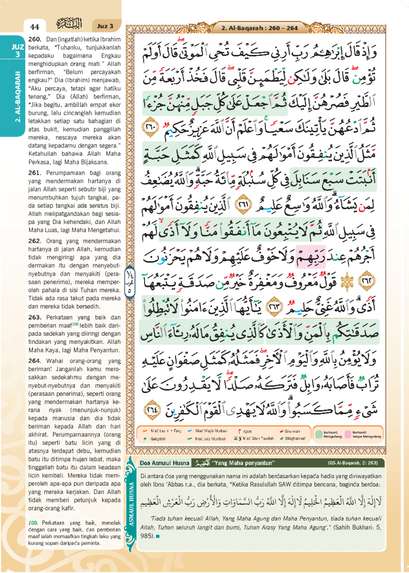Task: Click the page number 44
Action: (x=34, y=27)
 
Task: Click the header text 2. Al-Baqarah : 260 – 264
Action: (x=259, y=28)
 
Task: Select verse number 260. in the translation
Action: (x=35, y=39)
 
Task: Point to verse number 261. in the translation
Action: (x=35, y=173)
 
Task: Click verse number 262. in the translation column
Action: (x=35, y=241)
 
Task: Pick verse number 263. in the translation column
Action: (x=35, y=317)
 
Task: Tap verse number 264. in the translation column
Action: (x=35, y=361)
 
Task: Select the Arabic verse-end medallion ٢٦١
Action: (x=244, y=205)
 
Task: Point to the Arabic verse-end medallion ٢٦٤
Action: (x=153, y=410)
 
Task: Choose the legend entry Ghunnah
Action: (x=292, y=431)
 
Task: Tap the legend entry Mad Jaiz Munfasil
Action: (x=210, y=439)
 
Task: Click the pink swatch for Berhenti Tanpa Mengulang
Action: (x=347, y=434)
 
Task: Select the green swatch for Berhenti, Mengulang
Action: (x=318, y=434)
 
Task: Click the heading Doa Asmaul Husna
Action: (x=164, y=463)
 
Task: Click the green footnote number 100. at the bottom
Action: (x=33, y=523)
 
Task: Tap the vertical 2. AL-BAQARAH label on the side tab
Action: (x=17, y=97)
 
